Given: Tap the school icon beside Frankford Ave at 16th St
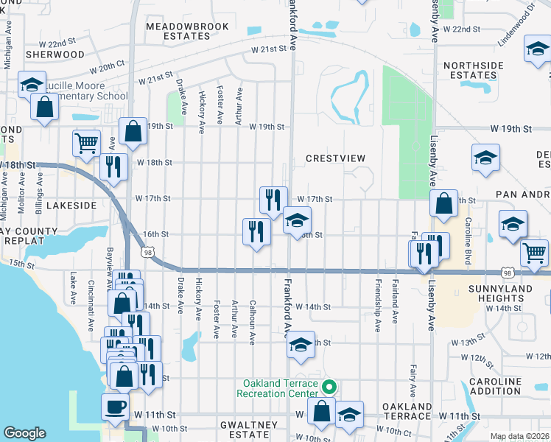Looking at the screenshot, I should click(x=297, y=220).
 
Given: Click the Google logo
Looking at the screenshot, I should click(x=24, y=433).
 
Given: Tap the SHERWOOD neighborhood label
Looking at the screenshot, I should click(x=55, y=55).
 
